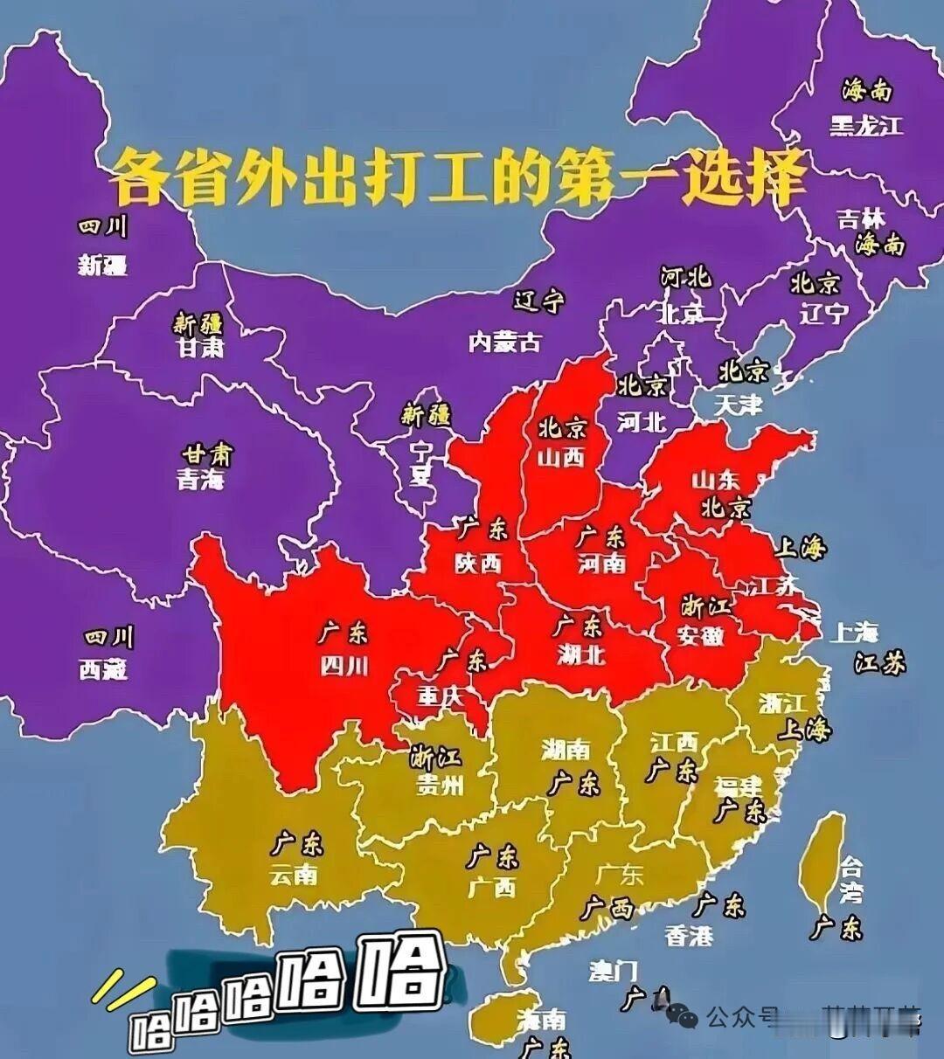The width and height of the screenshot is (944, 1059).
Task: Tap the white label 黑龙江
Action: coord(865,126)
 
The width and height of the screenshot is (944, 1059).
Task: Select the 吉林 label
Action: coord(861,218)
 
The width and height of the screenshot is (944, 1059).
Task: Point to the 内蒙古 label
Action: coord(504,342)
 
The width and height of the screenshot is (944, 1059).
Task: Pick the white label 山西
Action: coord(560,457)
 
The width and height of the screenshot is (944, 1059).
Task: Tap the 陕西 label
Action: coord(478,564)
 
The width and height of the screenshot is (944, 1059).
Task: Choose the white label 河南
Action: coord(601,563)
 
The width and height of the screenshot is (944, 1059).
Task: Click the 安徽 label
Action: coord(700,635)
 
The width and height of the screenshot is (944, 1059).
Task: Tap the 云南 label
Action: coord(294,874)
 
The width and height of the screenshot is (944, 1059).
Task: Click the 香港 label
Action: coord(689,936)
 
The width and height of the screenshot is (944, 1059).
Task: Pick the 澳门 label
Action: coord(613,971)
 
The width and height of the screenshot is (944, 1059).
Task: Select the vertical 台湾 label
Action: coord(850,880)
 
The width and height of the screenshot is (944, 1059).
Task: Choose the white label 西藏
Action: coord(103,669)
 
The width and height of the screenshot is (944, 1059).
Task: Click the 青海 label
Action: coord(201,479)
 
